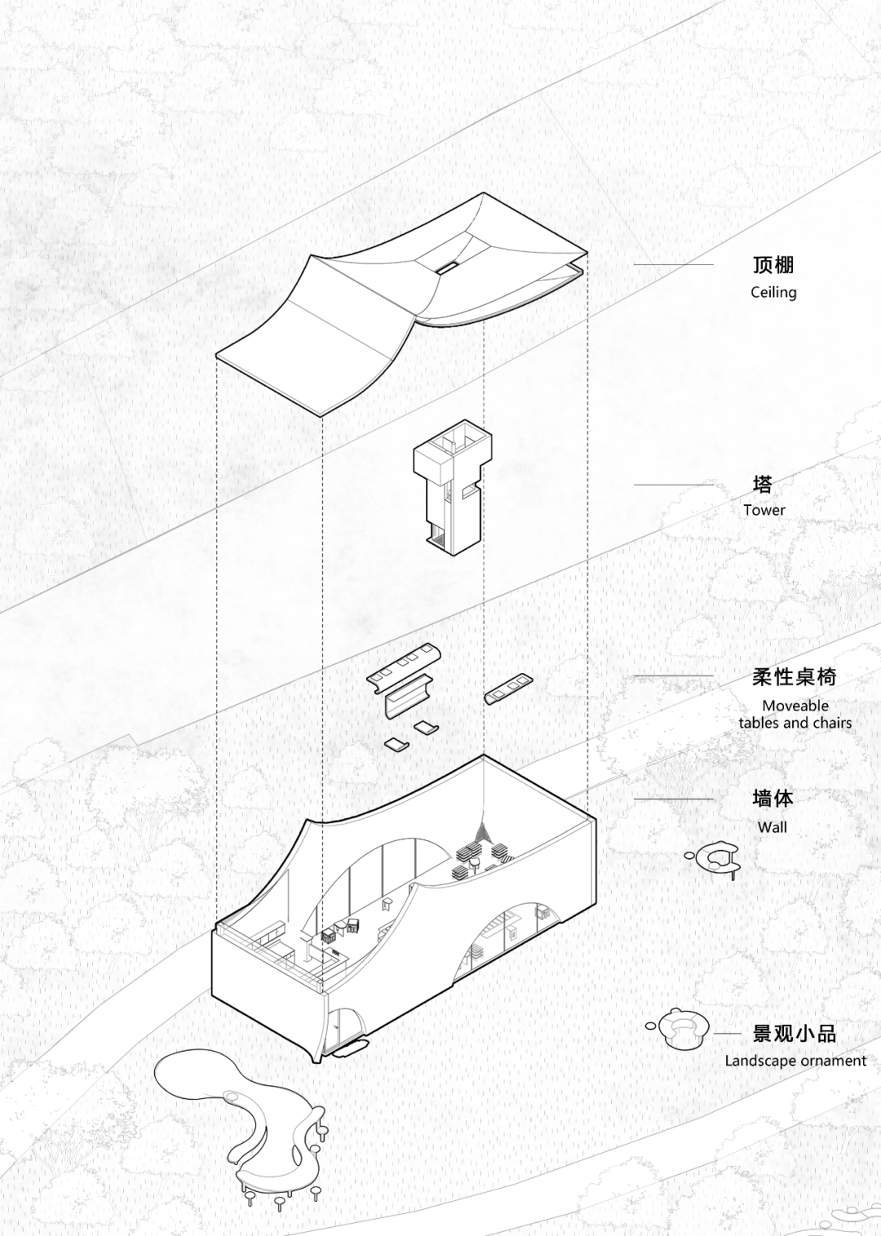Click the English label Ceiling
coord(773,292)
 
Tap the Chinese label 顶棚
coord(773,265)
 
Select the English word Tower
coord(764,510)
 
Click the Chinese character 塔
coord(763,485)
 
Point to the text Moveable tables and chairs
coord(795,714)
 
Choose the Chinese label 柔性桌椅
coord(794,676)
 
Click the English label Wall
coord(773,826)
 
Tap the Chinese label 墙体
coord(773,798)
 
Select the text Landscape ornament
coord(795,1061)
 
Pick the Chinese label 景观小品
coord(794,1034)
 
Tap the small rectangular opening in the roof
coord(446,268)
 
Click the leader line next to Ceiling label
coord(673,264)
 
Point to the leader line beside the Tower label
coord(673,485)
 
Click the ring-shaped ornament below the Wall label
coord(716,856)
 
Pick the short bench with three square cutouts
coord(508,689)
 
